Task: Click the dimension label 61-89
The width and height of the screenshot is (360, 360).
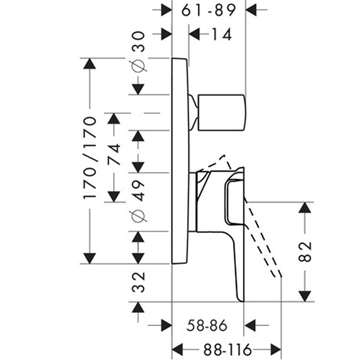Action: pos(208,10)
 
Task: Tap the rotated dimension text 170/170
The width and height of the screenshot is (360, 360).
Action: pos(89,158)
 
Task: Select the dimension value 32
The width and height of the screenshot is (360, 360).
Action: pos(139,282)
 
